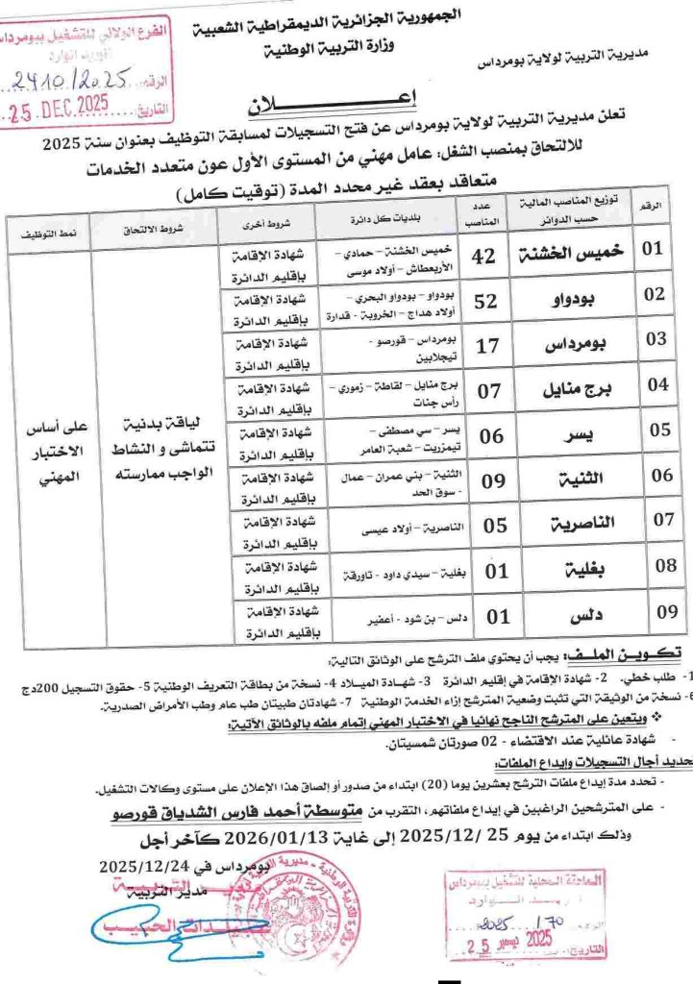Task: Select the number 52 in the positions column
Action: pos(486,301)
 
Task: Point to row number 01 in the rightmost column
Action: pos(654,249)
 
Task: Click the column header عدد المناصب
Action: pos(486,214)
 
